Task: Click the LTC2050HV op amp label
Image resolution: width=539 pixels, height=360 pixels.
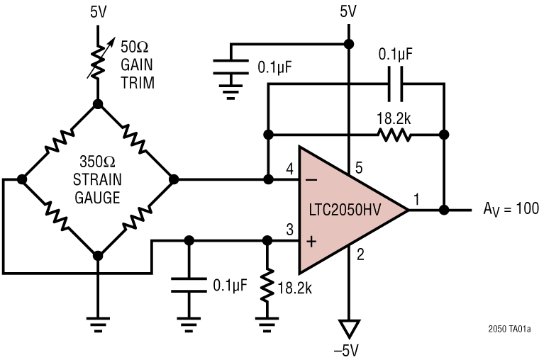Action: coord(344,210)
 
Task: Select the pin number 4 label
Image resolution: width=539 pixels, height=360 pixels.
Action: coord(289,169)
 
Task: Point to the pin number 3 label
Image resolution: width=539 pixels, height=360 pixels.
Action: coord(289,229)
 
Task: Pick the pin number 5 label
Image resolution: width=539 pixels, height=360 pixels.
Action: coord(359,168)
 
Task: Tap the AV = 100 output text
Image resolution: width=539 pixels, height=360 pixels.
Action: coord(511,209)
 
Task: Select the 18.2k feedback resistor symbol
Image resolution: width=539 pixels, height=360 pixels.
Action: coord(394,134)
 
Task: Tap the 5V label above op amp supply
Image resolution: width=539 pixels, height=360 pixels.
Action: coord(348,11)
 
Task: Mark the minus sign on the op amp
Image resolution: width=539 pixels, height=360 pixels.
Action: coord(311,180)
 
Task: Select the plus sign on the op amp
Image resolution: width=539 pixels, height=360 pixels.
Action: coord(311,241)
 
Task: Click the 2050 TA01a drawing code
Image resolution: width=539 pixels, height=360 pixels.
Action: coord(509,330)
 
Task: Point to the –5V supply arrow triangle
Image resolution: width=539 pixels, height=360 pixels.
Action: coord(348,327)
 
